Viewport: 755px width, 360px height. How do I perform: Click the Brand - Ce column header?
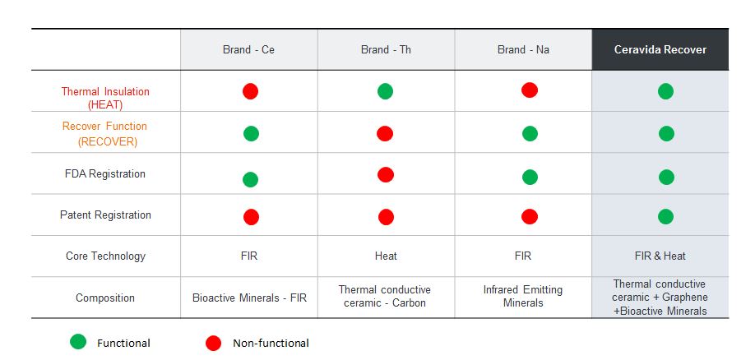pos(248,50)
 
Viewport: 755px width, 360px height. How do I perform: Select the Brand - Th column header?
pos(386,50)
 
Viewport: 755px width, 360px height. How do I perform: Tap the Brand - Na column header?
pos(523,50)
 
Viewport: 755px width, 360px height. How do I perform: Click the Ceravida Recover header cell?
pos(660,50)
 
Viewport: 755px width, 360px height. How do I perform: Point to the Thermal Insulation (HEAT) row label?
pos(105,98)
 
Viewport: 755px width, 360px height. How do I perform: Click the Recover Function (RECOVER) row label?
pos(105,133)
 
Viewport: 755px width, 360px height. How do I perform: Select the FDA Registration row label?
pos(105,174)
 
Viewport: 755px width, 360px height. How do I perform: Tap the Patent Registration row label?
pos(105,215)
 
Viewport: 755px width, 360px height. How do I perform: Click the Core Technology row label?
pos(105,256)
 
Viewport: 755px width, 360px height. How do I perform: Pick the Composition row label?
pos(105,298)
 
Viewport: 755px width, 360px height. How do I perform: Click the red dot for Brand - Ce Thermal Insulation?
pos(250,91)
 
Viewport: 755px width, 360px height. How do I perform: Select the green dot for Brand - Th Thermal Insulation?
pos(385,91)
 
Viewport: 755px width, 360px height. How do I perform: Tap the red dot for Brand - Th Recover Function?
pos(385,133)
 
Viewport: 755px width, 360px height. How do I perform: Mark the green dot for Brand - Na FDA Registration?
pos(530,177)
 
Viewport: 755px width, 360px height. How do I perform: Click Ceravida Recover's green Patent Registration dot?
pos(666,217)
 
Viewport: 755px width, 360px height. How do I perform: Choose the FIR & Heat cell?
pos(660,256)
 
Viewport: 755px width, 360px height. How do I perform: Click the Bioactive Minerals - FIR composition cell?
pos(249,298)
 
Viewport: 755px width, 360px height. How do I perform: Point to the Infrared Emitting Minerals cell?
pos(523,296)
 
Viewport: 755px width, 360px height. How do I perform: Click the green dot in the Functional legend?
pos(78,343)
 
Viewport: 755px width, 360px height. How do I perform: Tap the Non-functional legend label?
pos(271,343)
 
